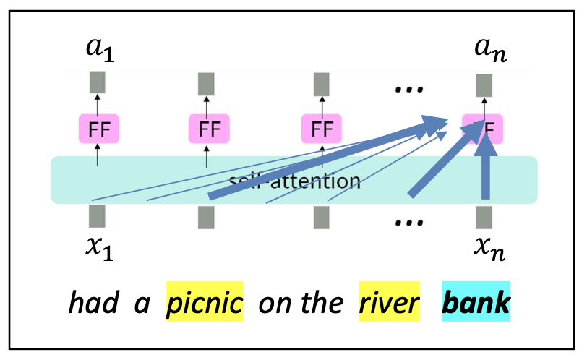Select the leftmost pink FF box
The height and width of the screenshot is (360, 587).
click(98, 129)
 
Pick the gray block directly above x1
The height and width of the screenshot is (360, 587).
click(97, 216)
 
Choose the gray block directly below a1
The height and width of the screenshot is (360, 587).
click(97, 81)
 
